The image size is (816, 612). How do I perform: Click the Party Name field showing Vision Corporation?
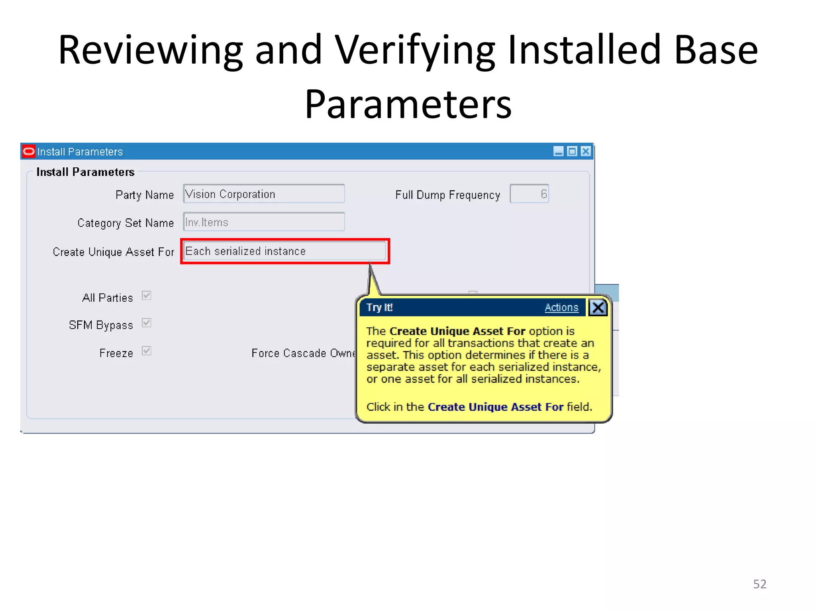pos(264,194)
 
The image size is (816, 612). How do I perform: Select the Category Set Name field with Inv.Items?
pos(264,222)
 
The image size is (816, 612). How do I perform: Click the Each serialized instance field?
pos(285,251)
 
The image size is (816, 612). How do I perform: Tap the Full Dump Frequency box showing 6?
pos(529,194)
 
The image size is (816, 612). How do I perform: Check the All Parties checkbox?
pos(147,296)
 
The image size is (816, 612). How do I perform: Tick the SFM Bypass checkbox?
pos(147,323)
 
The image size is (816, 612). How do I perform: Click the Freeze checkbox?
pos(147,351)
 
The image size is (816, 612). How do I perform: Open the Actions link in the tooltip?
pos(561,308)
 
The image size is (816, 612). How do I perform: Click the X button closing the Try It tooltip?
pos(598,308)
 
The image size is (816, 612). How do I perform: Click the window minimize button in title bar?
pos(558,151)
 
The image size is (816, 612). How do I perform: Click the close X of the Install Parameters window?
pos(585,151)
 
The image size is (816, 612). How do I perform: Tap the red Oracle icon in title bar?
pos(29,151)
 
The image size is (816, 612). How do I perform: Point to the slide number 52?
pos(759,584)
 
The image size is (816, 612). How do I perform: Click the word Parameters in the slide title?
pos(408,104)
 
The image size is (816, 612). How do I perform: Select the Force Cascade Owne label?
pos(303,353)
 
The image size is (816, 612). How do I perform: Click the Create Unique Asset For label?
pos(114,252)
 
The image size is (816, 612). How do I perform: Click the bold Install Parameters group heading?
pos(85,172)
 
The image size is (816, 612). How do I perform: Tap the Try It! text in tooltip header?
pos(379,308)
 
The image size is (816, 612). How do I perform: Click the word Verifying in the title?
pos(414,50)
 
